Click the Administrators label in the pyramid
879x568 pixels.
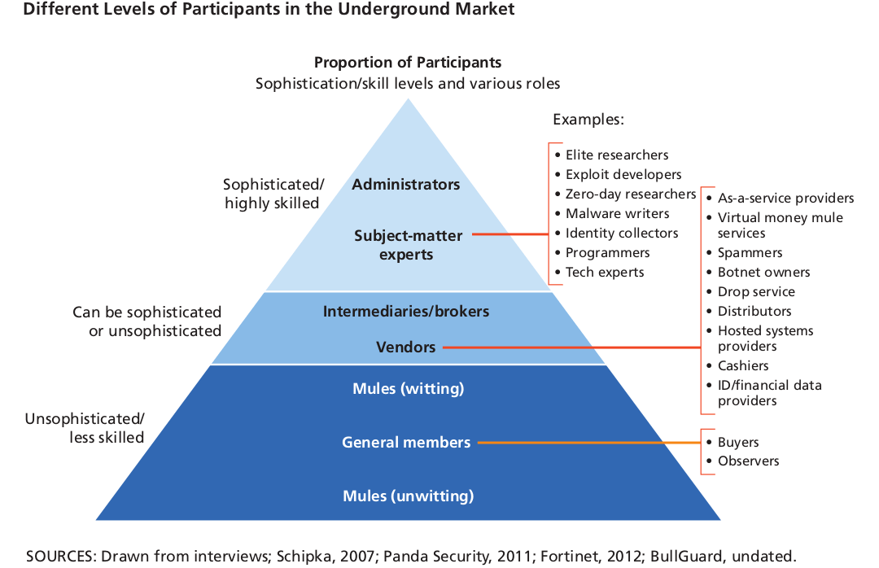pyautogui.click(x=406, y=185)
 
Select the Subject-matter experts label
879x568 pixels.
pyautogui.click(x=408, y=245)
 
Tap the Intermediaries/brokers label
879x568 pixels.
pyautogui.click(x=406, y=312)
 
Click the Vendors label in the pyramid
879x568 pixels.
pyautogui.click(x=405, y=347)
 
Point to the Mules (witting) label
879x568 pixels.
pyautogui.click(x=408, y=389)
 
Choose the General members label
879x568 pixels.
pyautogui.click(x=406, y=443)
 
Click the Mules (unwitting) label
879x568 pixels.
pyautogui.click(x=408, y=496)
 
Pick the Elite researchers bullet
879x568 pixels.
pyautogui.click(x=616, y=155)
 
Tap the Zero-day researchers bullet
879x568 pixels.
pyautogui.click(x=630, y=194)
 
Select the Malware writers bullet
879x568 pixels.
pyautogui.click(x=617, y=213)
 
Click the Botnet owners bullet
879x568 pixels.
pyautogui.click(x=763, y=272)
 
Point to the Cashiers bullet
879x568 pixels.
pyautogui.click(x=742, y=365)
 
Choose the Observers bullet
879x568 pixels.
pyautogui.click(x=748, y=461)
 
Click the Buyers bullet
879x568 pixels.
pyautogui.click(x=737, y=442)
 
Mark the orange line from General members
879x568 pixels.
pyautogui.click(x=586, y=443)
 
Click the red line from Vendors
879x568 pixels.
pyautogui.click(x=570, y=348)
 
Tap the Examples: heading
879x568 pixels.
pyautogui.click(x=588, y=120)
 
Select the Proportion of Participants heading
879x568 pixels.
pyautogui.click(x=408, y=63)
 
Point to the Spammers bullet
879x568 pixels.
pyautogui.click(x=750, y=252)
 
